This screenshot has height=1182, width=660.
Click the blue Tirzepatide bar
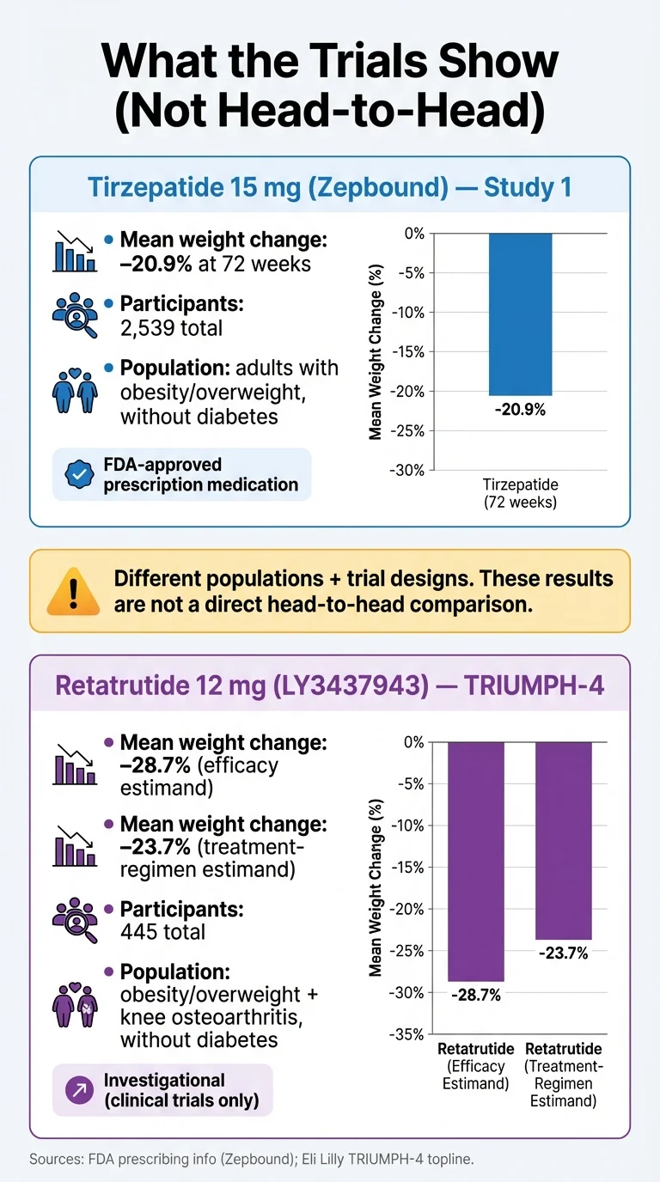521,314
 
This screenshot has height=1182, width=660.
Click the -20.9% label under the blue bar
521,410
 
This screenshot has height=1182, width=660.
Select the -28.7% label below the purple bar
475,996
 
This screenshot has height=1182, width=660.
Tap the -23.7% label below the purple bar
563,954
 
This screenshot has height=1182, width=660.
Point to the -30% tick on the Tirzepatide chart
408,470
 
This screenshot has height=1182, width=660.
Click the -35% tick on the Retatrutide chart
408,1035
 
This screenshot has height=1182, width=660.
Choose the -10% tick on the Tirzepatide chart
408,312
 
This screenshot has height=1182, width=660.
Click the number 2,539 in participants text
146,327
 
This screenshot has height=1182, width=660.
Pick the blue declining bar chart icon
75,251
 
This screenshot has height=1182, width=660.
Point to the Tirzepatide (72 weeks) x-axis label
521,493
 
